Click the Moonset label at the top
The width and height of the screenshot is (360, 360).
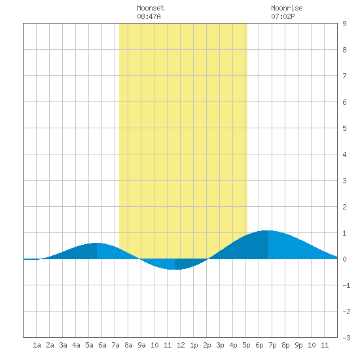tap(151, 8)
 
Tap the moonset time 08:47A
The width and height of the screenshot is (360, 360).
tap(149, 16)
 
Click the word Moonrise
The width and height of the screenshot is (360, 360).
tap(287, 8)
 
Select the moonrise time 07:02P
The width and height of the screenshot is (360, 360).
tap(283, 16)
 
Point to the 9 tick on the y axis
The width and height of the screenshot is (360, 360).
tap(344, 24)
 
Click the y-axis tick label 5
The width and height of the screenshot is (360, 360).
tap(344, 128)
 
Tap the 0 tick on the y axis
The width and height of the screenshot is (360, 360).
tap(344, 259)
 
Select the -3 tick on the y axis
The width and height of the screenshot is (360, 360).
tap(346, 338)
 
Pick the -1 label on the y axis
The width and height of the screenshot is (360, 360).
tap(346, 285)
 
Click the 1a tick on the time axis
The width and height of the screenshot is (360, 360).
tap(37, 345)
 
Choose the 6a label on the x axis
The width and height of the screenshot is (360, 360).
tap(102, 345)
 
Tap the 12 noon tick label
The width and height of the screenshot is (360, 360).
tap(181, 345)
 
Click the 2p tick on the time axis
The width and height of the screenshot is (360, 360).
tap(207, 345)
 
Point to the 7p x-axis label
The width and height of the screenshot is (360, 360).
tap(272, 345)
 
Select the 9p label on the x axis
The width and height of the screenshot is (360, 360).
tap(298, 345)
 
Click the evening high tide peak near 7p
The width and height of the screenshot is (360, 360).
tap(268, 230)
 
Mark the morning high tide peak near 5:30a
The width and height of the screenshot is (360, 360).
tap(97, 243)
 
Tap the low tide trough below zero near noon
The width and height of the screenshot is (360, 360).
tap(175, 269)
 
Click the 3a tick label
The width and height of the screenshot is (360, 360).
tap(63, 345)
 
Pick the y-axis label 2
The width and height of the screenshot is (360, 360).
tap(344, 207)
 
